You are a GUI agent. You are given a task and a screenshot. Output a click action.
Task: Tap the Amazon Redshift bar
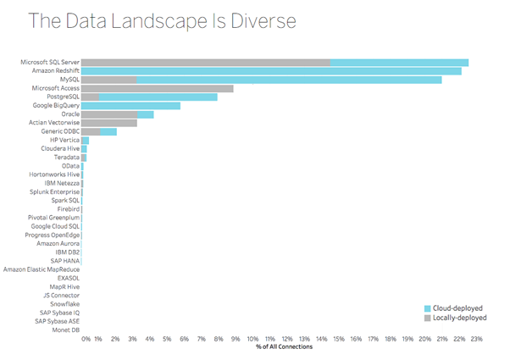click(x=271, y=71)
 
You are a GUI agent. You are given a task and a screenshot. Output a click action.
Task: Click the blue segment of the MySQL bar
click(x=288, y=80)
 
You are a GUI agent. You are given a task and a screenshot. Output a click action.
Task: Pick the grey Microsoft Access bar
click(x=158, y=88)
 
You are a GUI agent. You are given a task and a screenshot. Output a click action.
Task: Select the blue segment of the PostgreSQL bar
click(x=158, y=97)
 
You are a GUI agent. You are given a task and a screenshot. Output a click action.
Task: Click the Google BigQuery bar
click(x=131, y=106)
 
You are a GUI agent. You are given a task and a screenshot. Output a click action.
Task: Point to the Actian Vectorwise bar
click(x=109, y=123)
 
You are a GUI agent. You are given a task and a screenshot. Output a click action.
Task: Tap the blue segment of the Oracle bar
click(x=146, y=114)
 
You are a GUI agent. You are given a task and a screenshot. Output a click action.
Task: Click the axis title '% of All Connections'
click(x=284, y=346)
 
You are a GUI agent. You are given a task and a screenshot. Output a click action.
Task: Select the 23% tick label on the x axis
click(x=477, y=338)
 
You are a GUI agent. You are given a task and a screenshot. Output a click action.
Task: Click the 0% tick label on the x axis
click(x=86, y=338)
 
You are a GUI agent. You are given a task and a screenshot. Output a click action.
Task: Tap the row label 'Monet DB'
click(x=65, y=330)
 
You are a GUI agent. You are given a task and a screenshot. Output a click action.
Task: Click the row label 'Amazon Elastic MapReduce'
click(x=42, y=269)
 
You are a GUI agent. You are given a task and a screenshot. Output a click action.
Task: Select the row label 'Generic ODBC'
click(x=58, y=131)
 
